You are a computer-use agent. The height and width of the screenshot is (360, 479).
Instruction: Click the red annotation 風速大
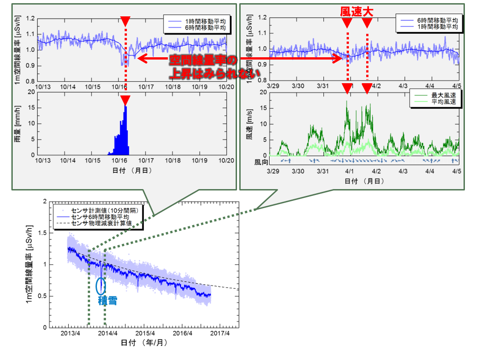pos(357,12)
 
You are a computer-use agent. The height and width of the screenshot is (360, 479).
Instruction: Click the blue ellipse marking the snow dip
pos(101,285)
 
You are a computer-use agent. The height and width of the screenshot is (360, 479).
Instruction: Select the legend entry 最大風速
pos(439,95)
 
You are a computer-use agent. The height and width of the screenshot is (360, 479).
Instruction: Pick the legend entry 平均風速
pos(439,102)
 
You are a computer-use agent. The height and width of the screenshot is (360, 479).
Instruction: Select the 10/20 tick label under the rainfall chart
pos(226,160)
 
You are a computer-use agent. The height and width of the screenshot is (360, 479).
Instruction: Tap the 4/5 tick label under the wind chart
pos(457,171)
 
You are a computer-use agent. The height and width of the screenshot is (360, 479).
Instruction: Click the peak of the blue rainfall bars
pos(126,107)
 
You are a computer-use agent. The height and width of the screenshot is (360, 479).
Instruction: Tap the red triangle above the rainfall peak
pos(126,100)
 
